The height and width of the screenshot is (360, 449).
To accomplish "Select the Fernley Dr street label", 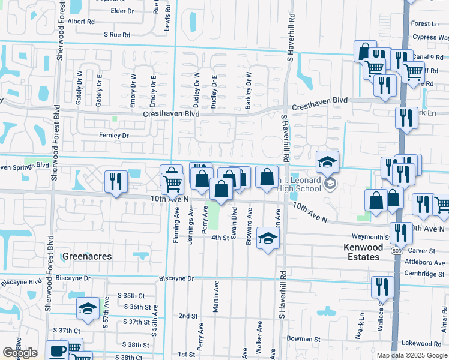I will coord(114,136).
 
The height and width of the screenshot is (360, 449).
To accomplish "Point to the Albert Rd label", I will coord(81,21).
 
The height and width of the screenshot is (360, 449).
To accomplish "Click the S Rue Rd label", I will coord(116,35).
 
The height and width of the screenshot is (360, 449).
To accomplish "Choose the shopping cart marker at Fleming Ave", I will coord(172,181).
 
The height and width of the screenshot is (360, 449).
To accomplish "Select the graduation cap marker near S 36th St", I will coord(88,308).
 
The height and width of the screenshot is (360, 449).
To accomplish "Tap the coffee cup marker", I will coord(58,351).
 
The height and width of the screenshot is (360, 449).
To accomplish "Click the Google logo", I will coord(20,353).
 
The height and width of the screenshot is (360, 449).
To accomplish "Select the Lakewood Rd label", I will coord(421,344).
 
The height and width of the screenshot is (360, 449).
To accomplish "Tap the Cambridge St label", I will coord(423,274).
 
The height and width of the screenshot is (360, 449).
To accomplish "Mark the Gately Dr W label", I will coord(79,85).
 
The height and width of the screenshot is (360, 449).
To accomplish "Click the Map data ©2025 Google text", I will coord(411,355).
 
